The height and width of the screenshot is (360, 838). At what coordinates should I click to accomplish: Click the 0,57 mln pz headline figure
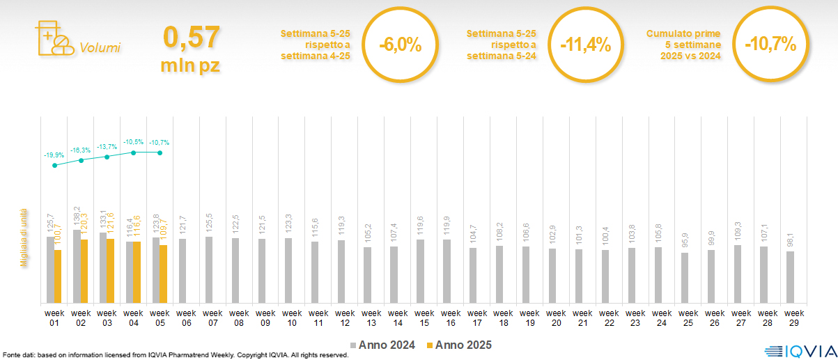191,47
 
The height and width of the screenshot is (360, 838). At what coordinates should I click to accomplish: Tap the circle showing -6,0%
400,45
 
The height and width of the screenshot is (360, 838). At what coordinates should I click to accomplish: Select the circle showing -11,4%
585,45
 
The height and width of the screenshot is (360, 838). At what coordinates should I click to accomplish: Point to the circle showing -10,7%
770,45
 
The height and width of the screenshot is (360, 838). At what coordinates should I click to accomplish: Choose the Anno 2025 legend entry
459,345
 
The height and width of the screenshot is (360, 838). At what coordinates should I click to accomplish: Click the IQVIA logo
797,349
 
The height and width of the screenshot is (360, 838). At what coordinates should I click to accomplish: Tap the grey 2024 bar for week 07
210,269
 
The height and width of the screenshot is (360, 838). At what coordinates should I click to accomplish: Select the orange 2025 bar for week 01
58,276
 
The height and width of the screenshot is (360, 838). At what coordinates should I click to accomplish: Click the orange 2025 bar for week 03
111,271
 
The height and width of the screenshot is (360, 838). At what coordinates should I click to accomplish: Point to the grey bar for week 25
685,278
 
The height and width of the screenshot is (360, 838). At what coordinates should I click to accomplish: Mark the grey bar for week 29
790,277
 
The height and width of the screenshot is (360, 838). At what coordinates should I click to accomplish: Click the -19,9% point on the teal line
55,165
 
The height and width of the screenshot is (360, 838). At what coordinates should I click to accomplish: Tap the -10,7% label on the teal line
160,143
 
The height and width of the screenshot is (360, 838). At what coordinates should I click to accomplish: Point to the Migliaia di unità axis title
24,237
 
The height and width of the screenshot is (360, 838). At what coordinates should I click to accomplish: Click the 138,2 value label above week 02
77,218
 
